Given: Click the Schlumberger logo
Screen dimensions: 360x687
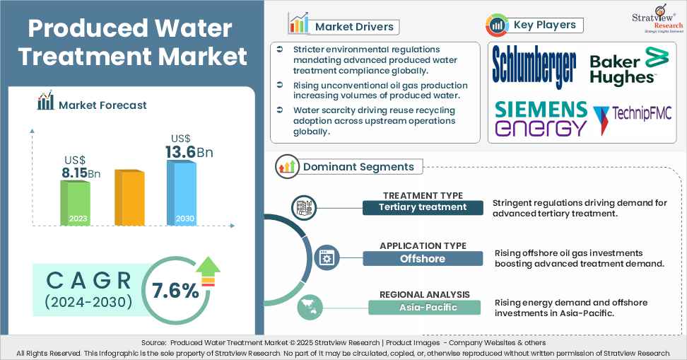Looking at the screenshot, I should (534, 66).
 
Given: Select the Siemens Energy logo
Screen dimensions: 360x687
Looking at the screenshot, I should (541, 118).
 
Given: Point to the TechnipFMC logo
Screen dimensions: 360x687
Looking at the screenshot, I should (633, 116).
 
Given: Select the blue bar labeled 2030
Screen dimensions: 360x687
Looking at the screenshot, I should (182, 192).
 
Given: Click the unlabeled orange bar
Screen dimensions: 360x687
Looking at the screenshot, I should (129, 198).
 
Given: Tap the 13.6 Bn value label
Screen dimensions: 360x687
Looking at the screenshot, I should (189, 151).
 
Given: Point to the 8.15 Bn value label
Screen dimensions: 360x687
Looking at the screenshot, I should (80, 171).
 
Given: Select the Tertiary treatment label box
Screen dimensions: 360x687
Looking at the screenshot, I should (423, 207).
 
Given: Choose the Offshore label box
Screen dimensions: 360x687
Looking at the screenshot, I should (423, 258).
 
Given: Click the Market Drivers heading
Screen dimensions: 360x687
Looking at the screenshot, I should (354, 27).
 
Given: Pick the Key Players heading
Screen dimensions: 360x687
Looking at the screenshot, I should (544, 25).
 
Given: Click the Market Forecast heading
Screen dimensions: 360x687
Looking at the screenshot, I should (102, 105).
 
